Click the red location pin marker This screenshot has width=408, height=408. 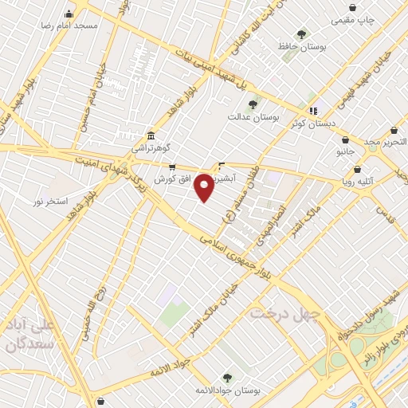[204, 187]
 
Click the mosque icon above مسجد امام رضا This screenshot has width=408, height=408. [69, 14]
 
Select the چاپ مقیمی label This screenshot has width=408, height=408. [354, 18]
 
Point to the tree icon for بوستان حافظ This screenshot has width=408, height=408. [301, 34]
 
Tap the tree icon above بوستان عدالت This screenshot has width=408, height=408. [253, 104]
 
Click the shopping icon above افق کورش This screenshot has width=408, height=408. [172, 167]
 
